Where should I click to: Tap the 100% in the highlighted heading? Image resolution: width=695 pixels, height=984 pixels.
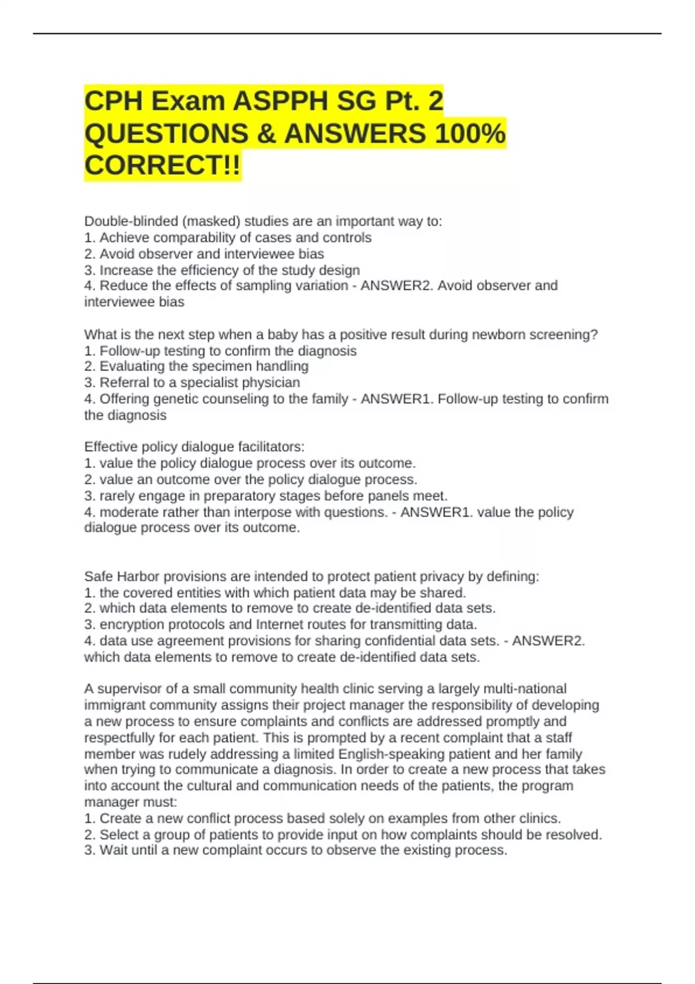click(x=470, y=134)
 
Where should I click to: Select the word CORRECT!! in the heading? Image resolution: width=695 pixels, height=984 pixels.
click(x=162, y=166)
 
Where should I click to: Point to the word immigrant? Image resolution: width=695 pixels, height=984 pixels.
click(x=115, y=705)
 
